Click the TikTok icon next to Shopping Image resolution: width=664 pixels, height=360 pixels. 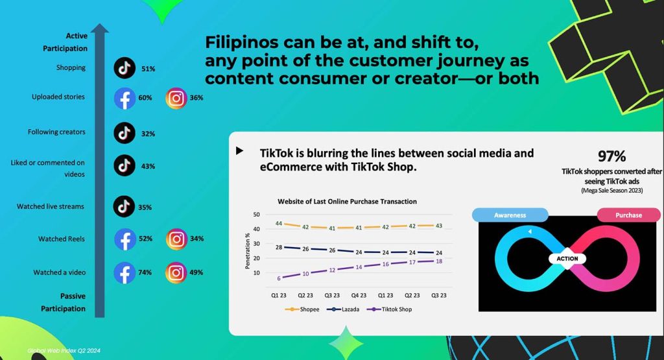click(124, 67)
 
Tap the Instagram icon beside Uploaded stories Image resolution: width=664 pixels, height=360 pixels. click(176, 98)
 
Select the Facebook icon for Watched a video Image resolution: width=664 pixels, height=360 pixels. click(124, 272)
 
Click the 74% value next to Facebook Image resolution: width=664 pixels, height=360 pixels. click(145, 272)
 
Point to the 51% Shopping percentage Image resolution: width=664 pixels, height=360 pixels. click(148, 69)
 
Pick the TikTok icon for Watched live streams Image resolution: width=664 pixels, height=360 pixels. click(124, 206)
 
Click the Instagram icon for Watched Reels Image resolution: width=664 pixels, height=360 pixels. click(176, 239)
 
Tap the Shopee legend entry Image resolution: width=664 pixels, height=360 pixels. click(302, 309)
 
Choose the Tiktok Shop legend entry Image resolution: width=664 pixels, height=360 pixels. click(389, 309)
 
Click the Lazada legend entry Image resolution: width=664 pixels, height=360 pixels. click(343, 309)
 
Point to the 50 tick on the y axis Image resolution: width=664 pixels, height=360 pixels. click(257, 215)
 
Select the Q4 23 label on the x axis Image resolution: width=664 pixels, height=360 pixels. click(359, 295)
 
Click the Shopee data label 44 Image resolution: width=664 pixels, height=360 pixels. click(279, 223)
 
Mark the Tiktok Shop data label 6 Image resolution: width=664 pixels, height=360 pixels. click(279, 278)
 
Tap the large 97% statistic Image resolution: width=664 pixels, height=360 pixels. click(611, 156)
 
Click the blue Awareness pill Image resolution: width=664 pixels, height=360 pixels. click(510, 215)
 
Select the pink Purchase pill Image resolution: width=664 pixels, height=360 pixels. click(628, 215)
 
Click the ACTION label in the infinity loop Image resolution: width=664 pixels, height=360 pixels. click(567, 258)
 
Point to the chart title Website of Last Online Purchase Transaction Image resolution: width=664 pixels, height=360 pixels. click(348, 202)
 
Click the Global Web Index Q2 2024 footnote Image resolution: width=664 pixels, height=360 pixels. click(64, 351)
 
